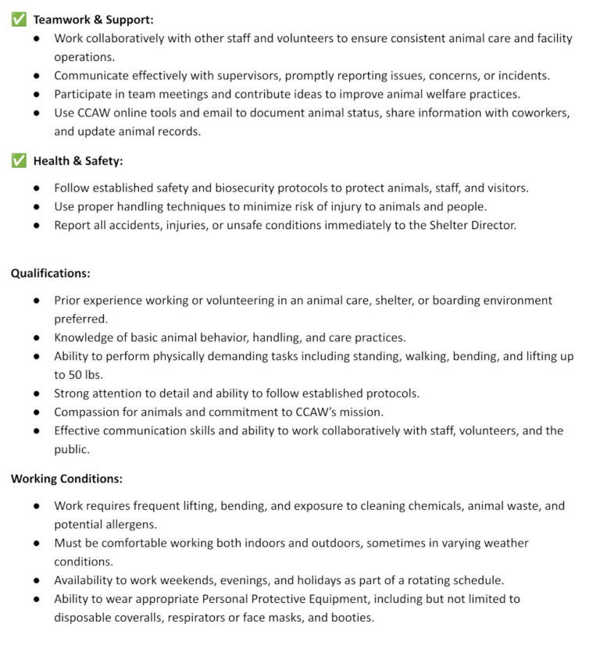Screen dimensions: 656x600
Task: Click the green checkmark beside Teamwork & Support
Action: (x=18, y=20)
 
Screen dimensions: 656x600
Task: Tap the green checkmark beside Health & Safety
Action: (x=18, y=161)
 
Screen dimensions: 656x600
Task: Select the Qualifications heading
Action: (x=50, y=273)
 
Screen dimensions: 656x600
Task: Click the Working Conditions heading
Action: (x=66, y=479)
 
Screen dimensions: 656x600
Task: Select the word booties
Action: (x=353, y=617)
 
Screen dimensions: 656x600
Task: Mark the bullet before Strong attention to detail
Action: (x=37, y=394)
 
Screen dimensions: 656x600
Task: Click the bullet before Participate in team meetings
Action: (x=37, y=94)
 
